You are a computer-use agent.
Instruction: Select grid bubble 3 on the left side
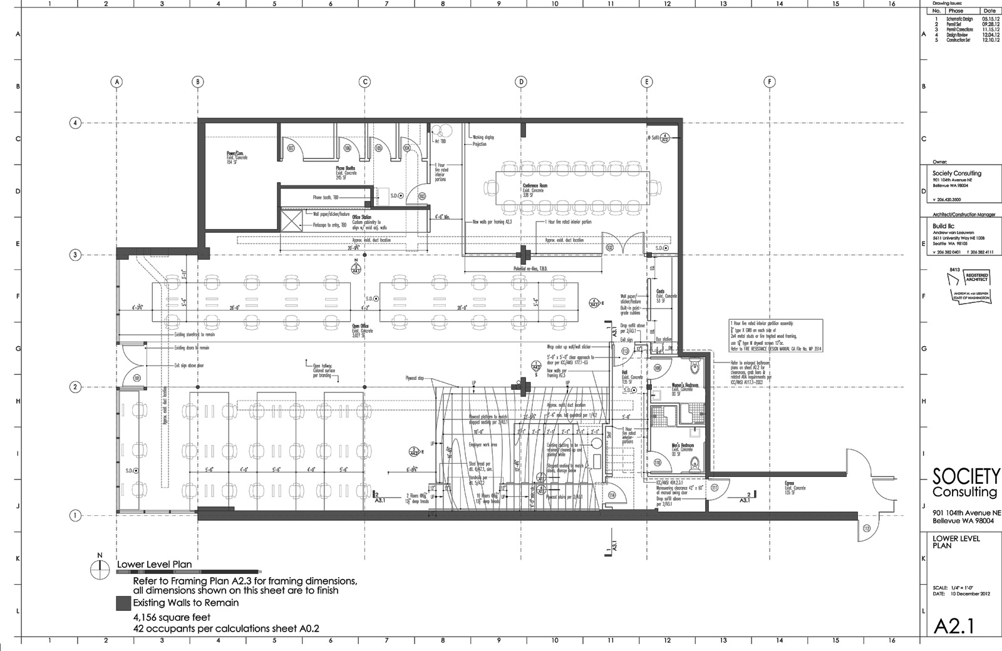(x=75, y=255)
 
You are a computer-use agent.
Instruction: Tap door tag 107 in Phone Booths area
(x=291, y=148)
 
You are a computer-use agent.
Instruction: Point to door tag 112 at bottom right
(x=866, y=528)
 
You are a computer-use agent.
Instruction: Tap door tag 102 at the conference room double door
(x=609, y=247)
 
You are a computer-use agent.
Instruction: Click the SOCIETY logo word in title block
(x=966, y=476)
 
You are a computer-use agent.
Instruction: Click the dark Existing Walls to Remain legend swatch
(x=123, y=603)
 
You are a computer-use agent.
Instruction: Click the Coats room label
(x=660, y=291)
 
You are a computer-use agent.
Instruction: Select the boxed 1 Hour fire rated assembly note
(x=775, y=336)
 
